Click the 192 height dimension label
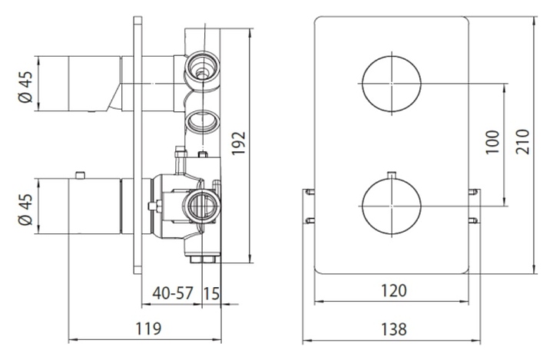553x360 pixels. point(239,143)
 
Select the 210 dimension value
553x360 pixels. point(523,141)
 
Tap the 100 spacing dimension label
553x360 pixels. point(493,142)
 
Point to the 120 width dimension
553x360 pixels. point(394,291)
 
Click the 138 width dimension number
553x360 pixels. point(394,329)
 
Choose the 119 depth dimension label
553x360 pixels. point(148,329)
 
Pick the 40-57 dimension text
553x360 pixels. point(173,292)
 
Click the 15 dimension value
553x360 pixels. point(211,293)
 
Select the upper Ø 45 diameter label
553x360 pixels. point(26,87)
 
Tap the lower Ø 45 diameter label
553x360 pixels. point(26,209)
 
